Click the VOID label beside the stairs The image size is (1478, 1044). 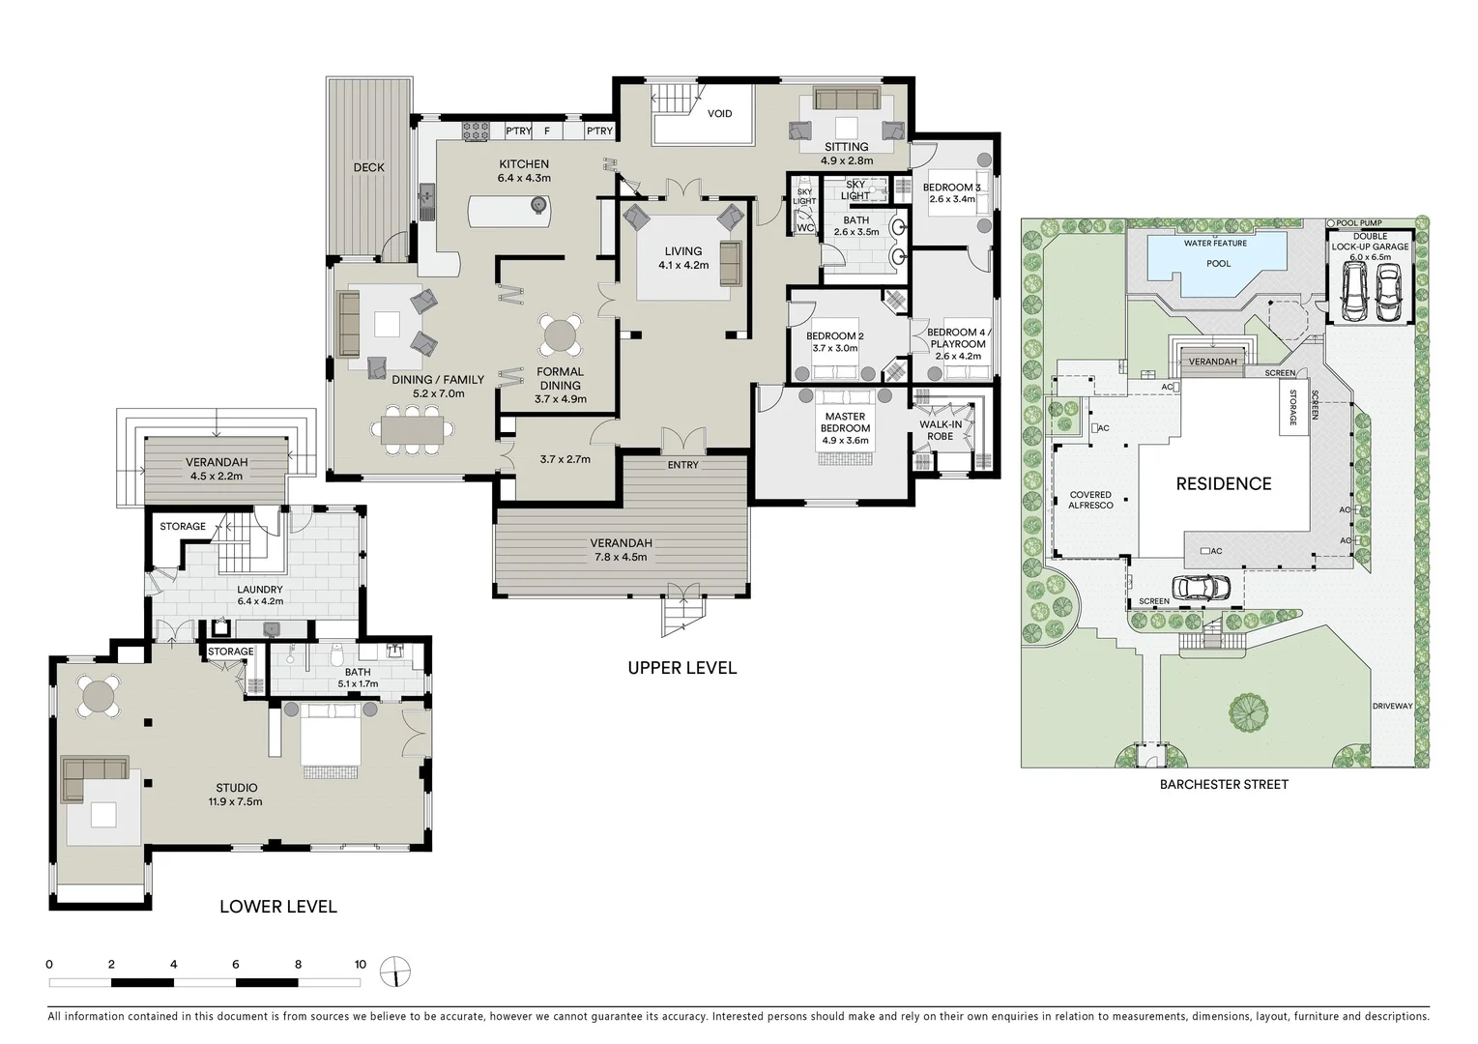(x=719, y=113)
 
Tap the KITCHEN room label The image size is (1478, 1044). (x=524, y=164)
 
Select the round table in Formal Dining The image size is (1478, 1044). (x=560, y=335)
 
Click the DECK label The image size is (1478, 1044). (x=369, y=167)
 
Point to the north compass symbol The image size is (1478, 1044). (x=395, y=971)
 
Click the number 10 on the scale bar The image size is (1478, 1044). (x=360, y=964)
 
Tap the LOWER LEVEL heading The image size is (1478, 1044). (x=278, y=907)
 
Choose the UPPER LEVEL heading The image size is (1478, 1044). (x=682, y=668)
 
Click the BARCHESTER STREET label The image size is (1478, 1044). (x=1224, y=785)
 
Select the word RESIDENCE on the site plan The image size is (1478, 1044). (x=1224, y=483)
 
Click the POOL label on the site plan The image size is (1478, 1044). (x=1219, y=263)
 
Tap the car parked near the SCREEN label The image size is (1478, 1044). (x=1202, y=586)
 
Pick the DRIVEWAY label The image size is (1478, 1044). (x=1393, y=706)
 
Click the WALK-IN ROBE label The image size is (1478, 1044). (x=941, y=430)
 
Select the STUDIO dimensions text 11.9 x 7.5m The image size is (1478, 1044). (x=236, y=801)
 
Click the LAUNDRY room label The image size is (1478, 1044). (x=260, y=590)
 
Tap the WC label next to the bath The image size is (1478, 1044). (x=805, y=228)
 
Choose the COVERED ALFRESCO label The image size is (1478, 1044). (x=1090, y=500)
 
